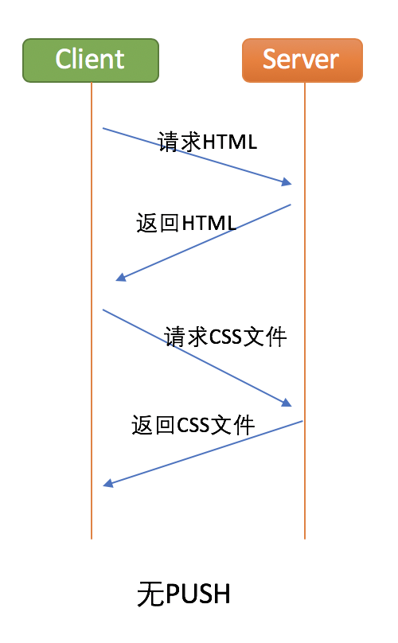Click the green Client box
91,60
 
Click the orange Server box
302,60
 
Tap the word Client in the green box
90,59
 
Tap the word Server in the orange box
301,60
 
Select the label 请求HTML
208,142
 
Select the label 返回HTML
186,224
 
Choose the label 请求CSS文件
225,337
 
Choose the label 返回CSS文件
193,425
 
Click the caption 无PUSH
183,594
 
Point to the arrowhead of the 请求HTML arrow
287,182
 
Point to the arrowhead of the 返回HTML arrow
120,278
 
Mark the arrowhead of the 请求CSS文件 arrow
287,403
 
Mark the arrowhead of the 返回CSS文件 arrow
107,484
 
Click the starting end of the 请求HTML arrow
103,128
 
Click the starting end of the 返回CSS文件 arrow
302,421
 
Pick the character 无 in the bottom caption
150,594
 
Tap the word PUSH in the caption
197,594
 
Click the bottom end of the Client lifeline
92,539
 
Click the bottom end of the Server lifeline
305,539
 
